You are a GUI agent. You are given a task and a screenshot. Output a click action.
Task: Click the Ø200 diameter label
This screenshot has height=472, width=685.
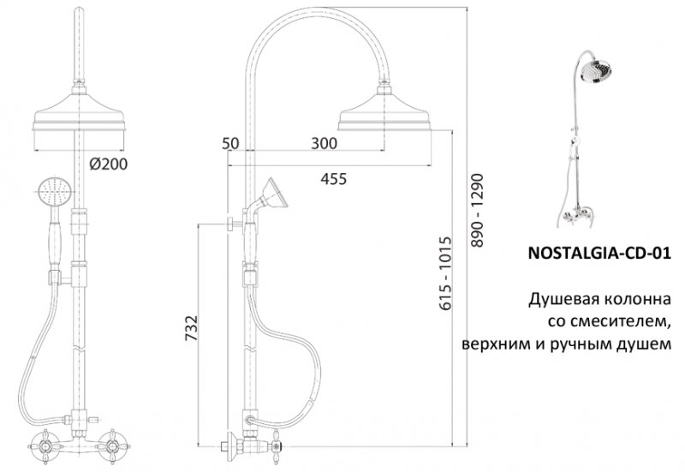tap(107, 164)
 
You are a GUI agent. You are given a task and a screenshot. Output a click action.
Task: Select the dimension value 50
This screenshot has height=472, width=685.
tap(229, 144)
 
